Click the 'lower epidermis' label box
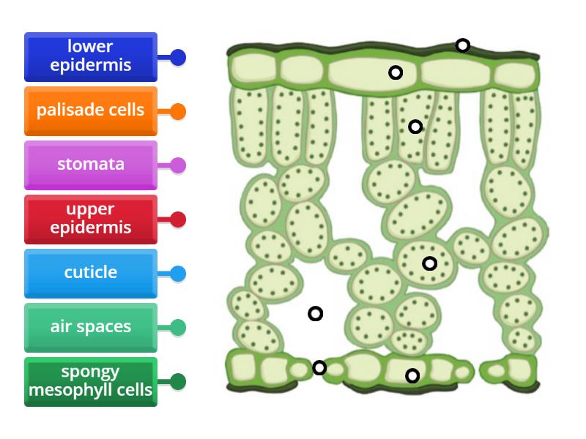click(x=90, y=56)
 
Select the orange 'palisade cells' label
click(x=90, y=111)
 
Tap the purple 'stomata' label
click(x=90, y=165)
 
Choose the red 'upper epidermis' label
click(x=90, y=219)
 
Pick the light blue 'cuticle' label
click(x=90, y=274)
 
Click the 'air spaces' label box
click(x=90, y=327)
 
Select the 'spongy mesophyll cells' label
click(x=90, y=381)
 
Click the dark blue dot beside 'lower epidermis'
click(x=178, y=57)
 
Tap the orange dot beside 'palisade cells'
click(x=178, y=112)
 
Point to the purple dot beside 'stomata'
click(x=178, y=165)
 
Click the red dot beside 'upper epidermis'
click(x=178, y=219)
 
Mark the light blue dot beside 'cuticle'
click(x=178, y=274)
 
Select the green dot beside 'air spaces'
click(x=178, y=328)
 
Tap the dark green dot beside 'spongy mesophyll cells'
click(x=178, y=381)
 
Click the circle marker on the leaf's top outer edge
click(x=462, y=45)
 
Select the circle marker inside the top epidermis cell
click(x=396, y=72)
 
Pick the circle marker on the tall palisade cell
click(x=415, y=127)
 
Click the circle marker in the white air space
click(x=315, y=313)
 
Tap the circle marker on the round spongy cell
click(x=430, y=263)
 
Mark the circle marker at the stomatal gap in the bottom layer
click(x=319, y=367)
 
